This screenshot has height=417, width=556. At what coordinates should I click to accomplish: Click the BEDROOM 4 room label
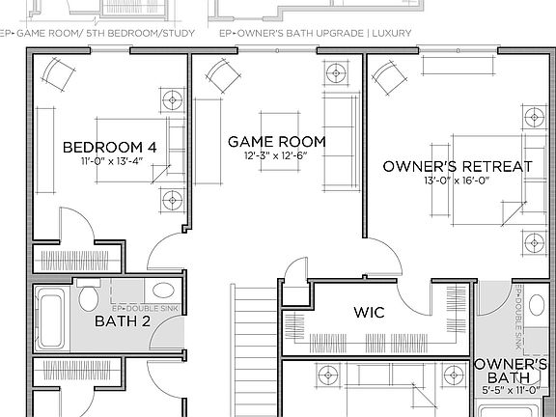109,147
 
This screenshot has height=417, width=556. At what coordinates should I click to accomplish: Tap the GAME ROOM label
277,142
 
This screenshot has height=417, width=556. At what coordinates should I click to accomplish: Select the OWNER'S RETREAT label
458,166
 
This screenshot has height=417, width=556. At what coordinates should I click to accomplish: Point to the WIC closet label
370,313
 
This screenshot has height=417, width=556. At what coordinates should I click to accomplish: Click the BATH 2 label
122,321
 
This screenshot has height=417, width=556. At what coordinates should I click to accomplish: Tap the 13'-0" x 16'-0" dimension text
458,181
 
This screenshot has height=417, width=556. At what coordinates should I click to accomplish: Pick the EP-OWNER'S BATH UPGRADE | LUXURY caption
315,32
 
